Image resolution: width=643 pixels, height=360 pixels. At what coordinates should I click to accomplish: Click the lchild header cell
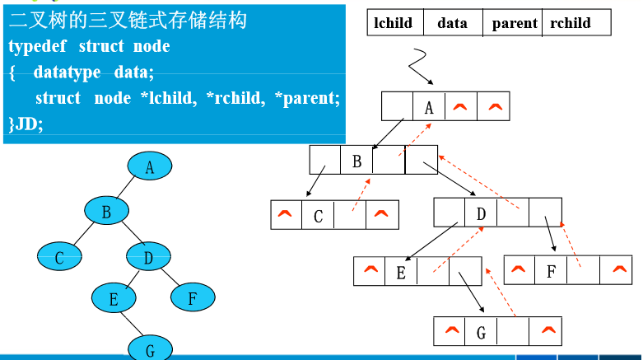[394, 23]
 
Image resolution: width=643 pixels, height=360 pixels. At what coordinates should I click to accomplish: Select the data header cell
[452, 23]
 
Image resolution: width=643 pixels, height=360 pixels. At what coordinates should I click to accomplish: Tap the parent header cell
[514, 23]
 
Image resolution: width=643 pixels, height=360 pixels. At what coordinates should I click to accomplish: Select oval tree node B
[106, 213]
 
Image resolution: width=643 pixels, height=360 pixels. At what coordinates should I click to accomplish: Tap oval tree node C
[59, 258]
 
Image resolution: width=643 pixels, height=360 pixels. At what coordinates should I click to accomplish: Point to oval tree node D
[148, 258]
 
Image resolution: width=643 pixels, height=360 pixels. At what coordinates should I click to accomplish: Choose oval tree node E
[112, 297]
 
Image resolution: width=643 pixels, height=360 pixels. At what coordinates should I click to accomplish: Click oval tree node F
[191, 297]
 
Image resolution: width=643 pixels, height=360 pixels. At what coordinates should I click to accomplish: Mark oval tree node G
[149, 348]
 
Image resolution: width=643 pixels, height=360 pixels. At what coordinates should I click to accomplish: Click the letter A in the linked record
[428, 107]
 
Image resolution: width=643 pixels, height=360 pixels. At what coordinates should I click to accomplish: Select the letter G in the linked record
[481, 334]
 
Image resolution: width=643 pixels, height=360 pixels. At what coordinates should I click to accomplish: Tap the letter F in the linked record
[551, 271]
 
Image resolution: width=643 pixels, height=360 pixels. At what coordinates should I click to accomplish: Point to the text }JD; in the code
[26, 124]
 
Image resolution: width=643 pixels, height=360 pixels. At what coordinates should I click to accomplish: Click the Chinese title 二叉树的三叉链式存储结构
[128, 21]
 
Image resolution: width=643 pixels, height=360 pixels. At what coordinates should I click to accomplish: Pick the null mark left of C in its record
[286, 215]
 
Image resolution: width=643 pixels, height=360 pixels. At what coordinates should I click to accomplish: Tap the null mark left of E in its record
[369, 269]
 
